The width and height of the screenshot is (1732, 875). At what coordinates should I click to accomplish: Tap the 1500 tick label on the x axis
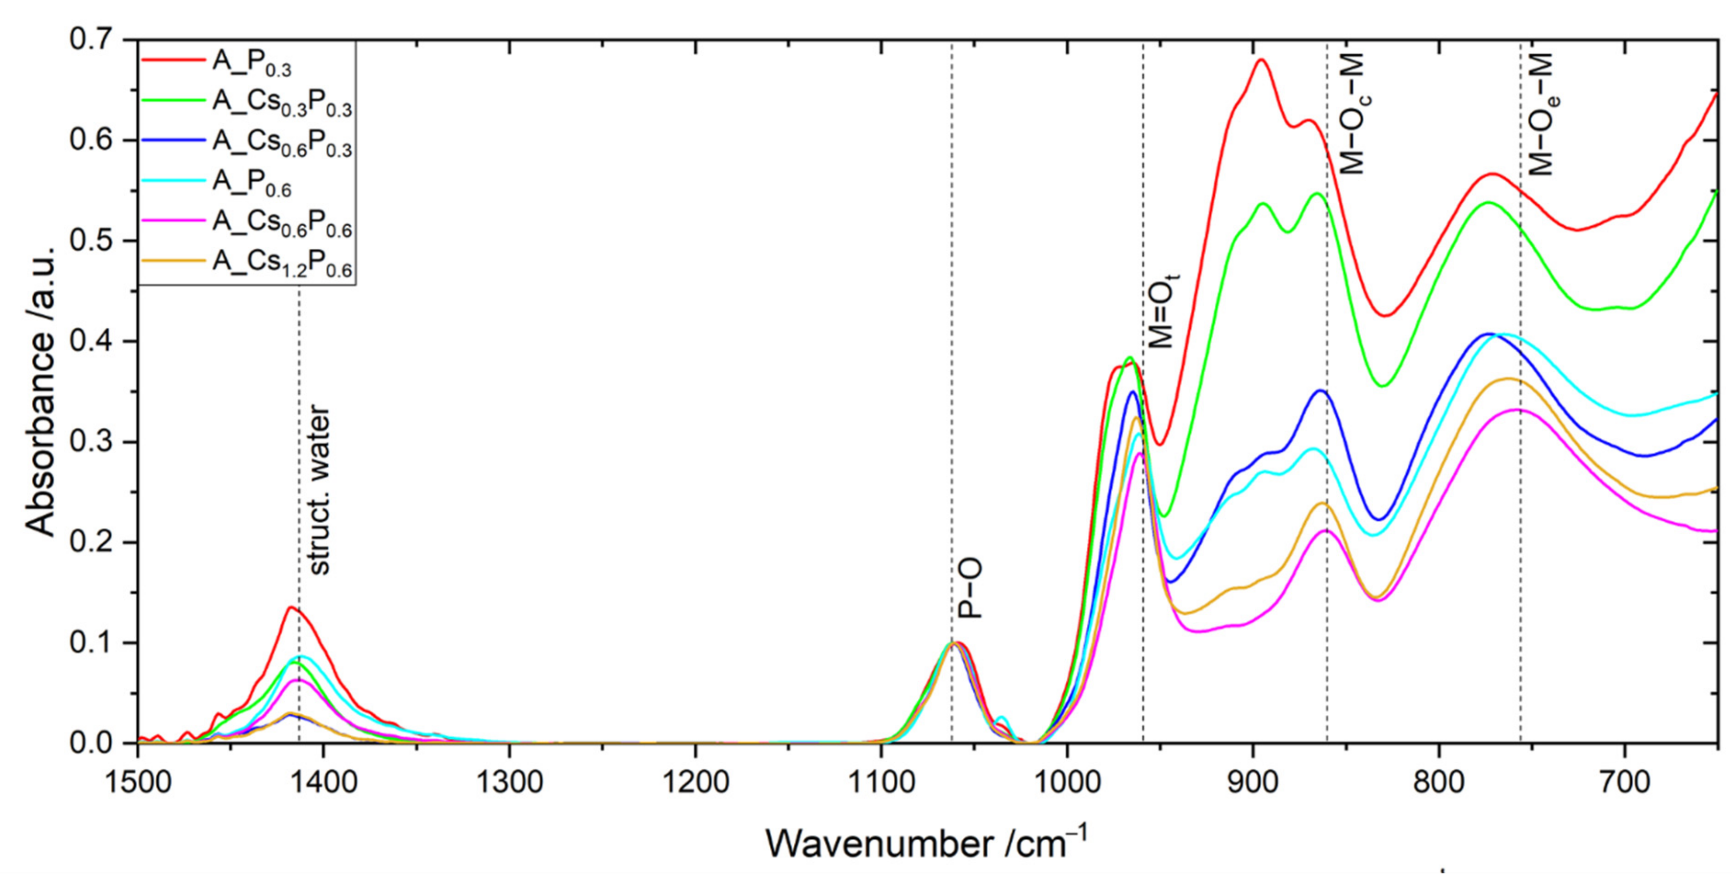[x=139, y=782]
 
